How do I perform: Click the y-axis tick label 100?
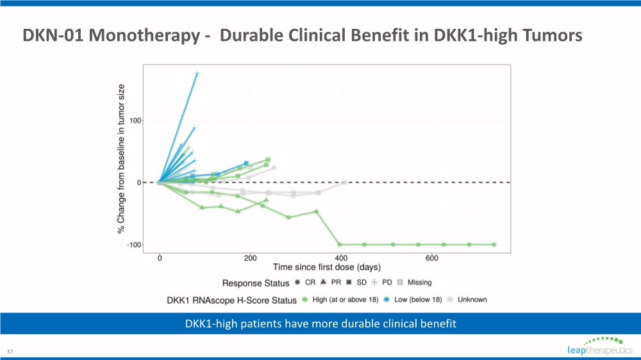coord(135,120)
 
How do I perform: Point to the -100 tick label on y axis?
coord(133,245)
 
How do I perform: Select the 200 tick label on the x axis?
coord(251,258)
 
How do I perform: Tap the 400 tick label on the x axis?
coord(342,258)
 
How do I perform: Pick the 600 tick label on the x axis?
coord(432,258)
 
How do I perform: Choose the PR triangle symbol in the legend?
coord(324,282)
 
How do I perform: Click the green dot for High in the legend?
coord(306,299)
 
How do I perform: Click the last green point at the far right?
coord(494,245)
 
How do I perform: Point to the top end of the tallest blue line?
coord(197,74)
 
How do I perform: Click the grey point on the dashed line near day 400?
coord(344,183)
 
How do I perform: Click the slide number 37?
coord(10,352)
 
